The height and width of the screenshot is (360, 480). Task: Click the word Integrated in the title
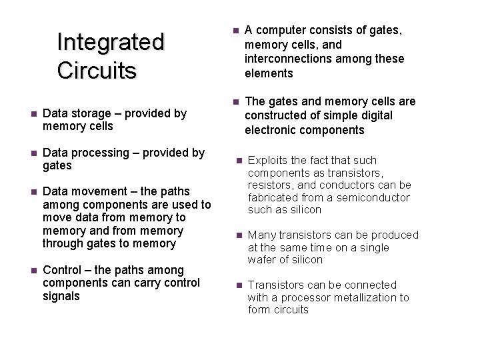110,42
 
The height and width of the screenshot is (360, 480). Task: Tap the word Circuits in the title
97,69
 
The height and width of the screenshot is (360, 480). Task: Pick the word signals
61,295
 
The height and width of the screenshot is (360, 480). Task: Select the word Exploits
269,160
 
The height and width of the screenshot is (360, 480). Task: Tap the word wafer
262,259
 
